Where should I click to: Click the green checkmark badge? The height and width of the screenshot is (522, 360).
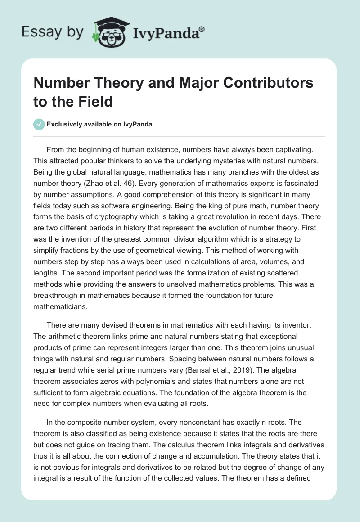pyautogui.click(x=39, y=124)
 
